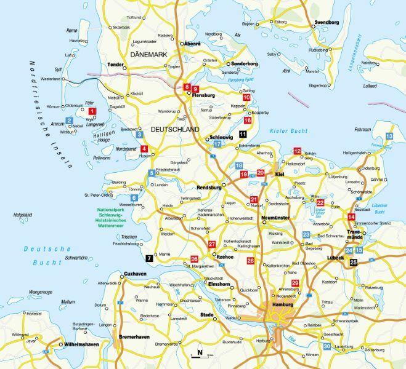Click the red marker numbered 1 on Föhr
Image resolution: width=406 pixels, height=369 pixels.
coord(92,111)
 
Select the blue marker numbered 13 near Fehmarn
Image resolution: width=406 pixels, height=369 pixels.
coord(389,136)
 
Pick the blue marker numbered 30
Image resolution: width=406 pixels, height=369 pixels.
coord(327,347)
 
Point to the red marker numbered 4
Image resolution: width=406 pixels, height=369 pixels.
coord(144,148)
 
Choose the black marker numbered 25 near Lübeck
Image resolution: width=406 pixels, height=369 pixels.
coord(353,263)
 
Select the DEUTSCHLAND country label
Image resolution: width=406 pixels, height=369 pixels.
coord(175,130)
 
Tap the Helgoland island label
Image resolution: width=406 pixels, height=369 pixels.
coord(23,215)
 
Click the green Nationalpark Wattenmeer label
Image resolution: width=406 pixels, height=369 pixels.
coord(113,218)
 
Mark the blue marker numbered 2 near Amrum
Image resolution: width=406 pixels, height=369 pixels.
coord(70,121)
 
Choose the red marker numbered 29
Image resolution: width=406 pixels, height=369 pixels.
coord(295,283)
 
